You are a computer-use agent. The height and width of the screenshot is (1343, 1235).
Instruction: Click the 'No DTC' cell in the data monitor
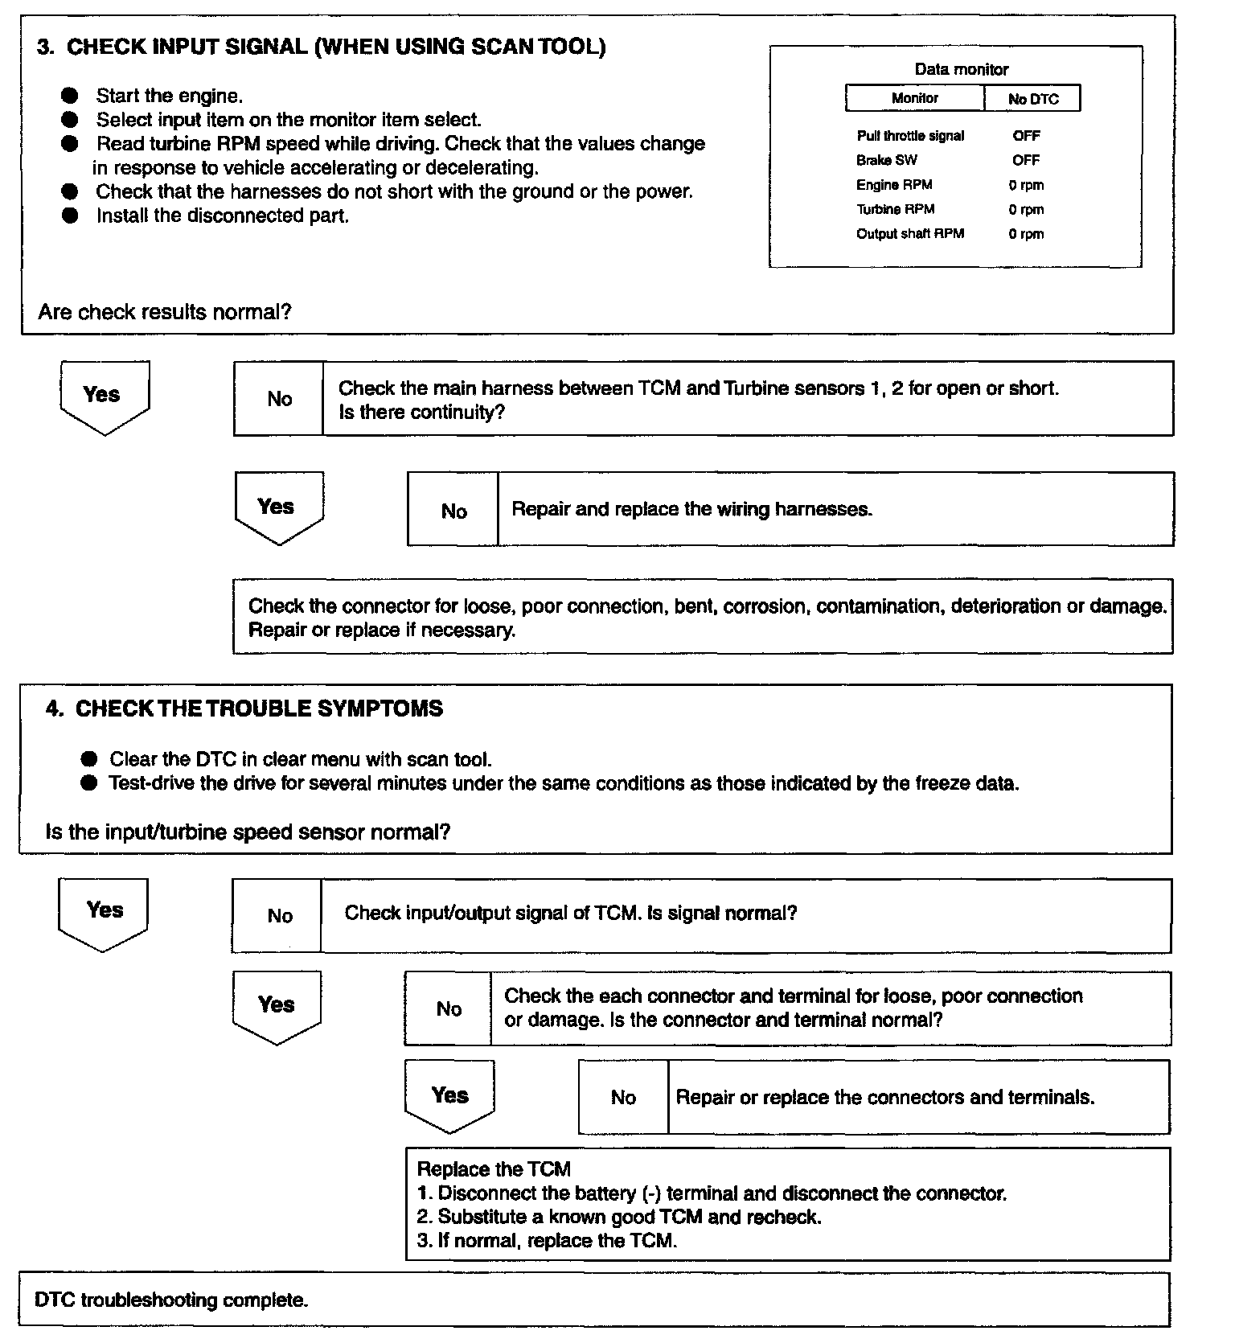point(1032,99)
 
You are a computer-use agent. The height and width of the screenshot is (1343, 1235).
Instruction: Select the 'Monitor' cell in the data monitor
point(915,98)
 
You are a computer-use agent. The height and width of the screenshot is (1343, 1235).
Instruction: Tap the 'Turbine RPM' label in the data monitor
point(895,209)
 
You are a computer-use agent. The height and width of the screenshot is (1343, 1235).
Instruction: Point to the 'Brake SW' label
point(886,160)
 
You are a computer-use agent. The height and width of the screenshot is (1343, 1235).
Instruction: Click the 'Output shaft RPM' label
point(909,234)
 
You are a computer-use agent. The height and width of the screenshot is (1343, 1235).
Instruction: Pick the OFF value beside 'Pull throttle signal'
point(1026,136)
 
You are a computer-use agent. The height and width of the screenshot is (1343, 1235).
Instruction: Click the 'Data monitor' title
point(961,69)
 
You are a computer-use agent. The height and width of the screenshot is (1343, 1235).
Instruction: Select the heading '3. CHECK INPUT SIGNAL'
point(321,47)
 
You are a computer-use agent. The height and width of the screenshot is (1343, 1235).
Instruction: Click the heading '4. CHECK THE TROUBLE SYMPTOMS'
point(244,708)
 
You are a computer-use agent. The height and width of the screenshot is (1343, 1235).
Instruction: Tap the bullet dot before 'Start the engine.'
point(70,96)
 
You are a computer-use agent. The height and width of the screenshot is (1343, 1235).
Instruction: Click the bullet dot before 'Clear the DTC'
point(89,759)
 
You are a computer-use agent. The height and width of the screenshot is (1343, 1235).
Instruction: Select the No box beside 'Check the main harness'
point(279,399)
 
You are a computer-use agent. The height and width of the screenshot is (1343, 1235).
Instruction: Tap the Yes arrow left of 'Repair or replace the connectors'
point(449,1096)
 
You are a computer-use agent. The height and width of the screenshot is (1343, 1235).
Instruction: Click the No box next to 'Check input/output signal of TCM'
point(279,916)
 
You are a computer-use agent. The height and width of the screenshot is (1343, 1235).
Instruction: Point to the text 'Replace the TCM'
point(494,1169)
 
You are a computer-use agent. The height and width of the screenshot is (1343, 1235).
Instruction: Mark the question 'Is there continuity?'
point(421,413)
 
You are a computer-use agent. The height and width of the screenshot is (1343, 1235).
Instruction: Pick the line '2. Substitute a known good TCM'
point(619,1217)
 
